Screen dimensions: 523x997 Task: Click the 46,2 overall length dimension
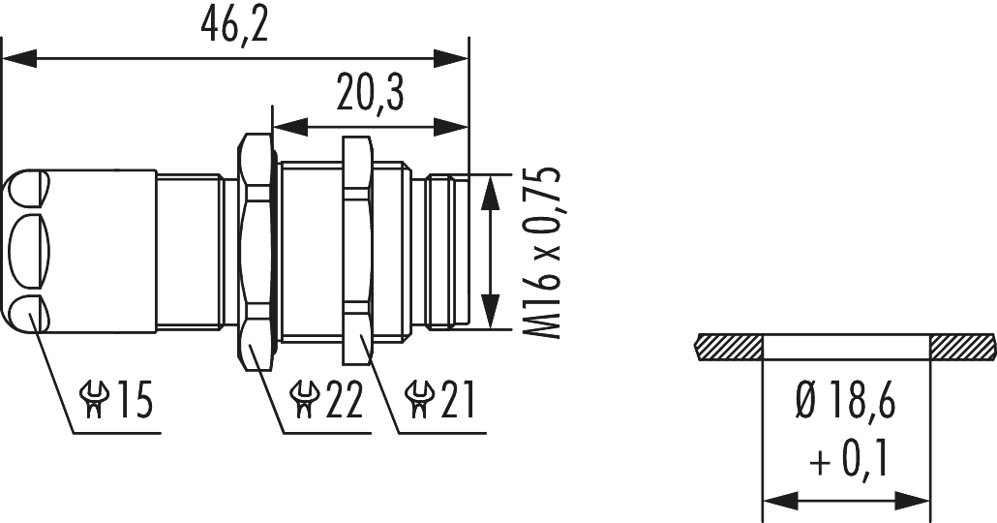pyautogui.click(x=234, y=26)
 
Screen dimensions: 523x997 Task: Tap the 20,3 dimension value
pyautogui.click(x=370, y=95)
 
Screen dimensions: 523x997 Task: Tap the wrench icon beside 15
pyautogui.click(x=94, y=400)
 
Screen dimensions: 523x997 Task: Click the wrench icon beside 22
pyautogui.click(x=304, y=400)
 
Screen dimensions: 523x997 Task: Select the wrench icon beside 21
pyautogui.click(x=418, y=400)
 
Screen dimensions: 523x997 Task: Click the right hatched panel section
pyautogui.click(x=963, y=343)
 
